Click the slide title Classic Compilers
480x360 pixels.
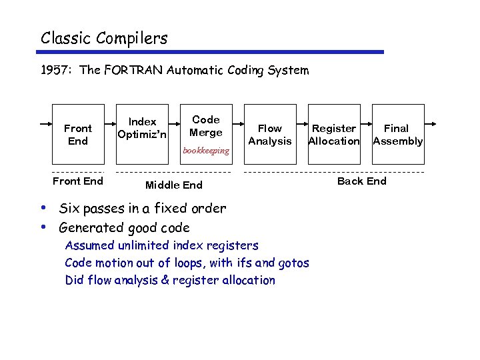click(x=104, y=38)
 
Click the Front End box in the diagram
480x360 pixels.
click(x=78, y=134)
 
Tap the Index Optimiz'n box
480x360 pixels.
click(x=142, y=128)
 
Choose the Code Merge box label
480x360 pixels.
click(x=205, y=126)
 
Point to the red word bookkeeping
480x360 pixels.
click(x=205, y=151)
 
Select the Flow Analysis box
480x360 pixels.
click(x=269, y=134)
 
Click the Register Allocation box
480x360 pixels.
click(x=333, y=134)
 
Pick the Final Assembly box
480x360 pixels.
click(x=397, y=134)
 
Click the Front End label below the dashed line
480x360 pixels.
click(x=78, y=181)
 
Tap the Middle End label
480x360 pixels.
click(x=173, y=185)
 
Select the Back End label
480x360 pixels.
click(x=361, y=181)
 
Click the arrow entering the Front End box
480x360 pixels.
click(x=45, y=124)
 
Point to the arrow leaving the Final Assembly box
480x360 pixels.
click(x=431, y=124)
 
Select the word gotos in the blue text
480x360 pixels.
click(x=293, y=263)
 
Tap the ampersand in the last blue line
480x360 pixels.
click(x=165, y=281)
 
